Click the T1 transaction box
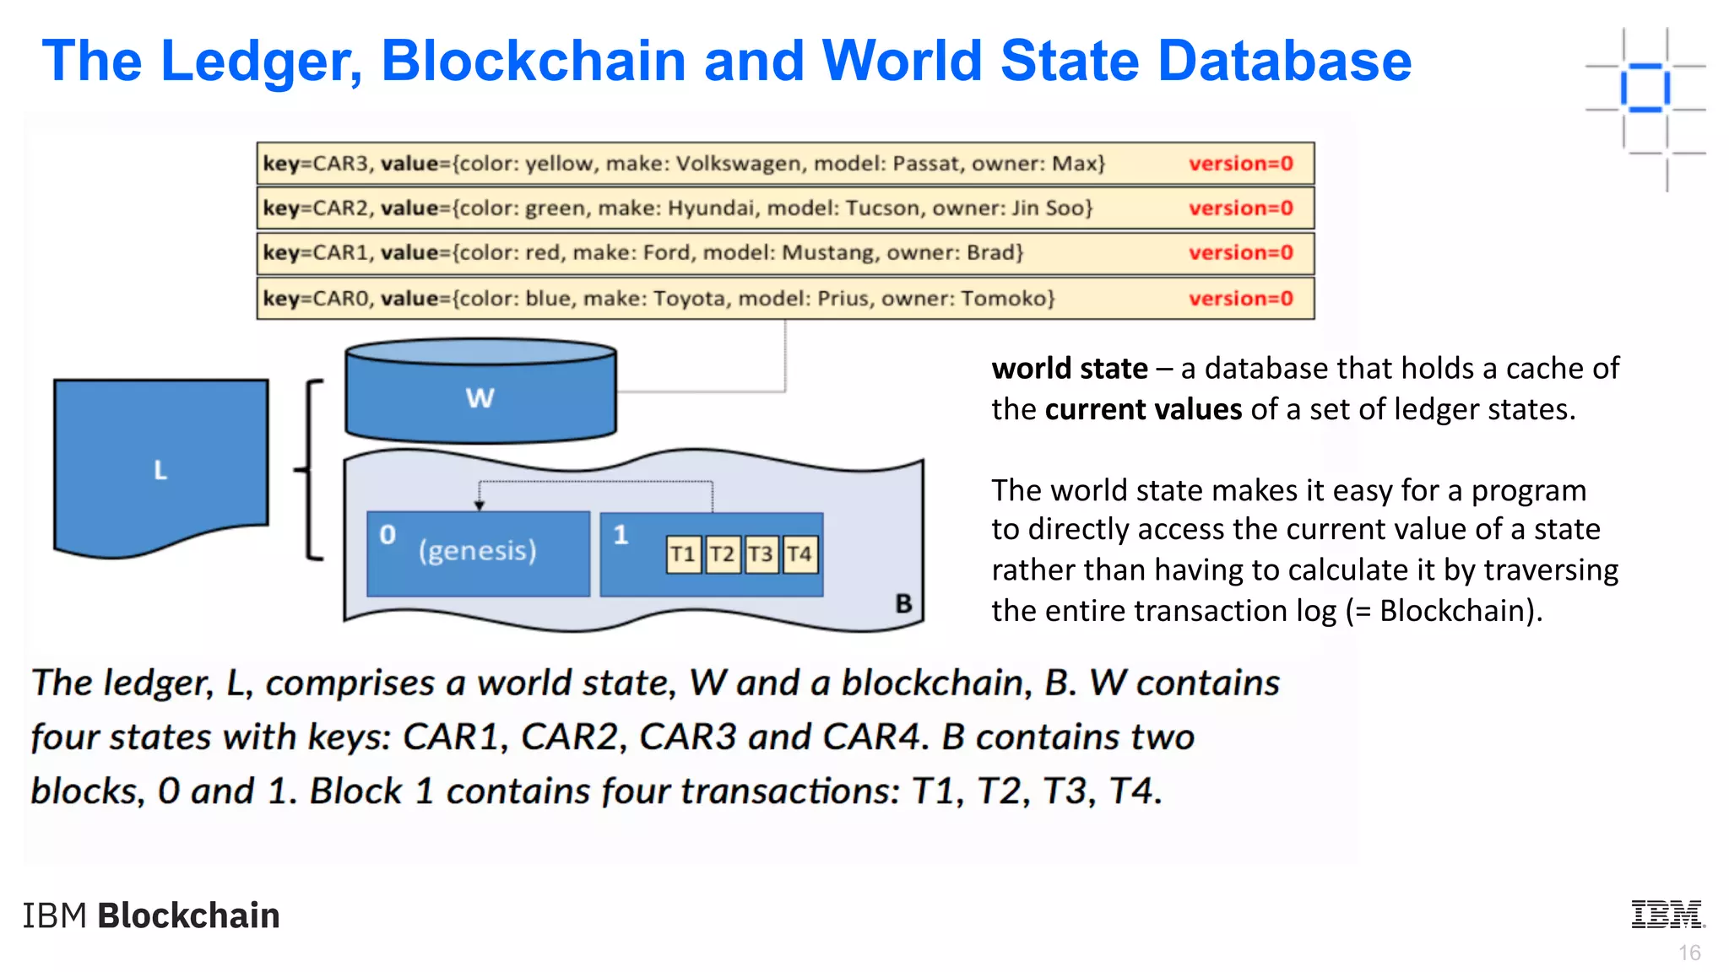(x=683, y=554)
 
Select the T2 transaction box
(x=722, y=554)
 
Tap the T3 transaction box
(x=761, y=554)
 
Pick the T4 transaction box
(x=799, y=554)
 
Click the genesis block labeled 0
(x=478, y=553)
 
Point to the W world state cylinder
(x=480, y=393)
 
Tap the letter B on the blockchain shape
(x=903, y=603)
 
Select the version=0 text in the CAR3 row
(x=1240, y=164)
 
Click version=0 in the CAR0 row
(x=1240, y=299)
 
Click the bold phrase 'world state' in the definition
(x=1069, y=369)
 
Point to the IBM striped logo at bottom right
(x=1667, y=915)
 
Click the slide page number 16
(x=1689, y=953)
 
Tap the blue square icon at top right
(x=1645, y=87)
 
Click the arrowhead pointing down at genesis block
(x=480, y=505)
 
